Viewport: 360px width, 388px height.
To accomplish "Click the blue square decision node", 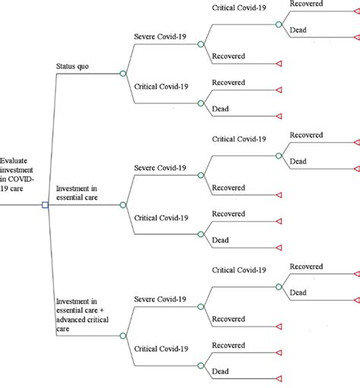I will (45, 205).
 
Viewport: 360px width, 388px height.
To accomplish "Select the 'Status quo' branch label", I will (74, 66).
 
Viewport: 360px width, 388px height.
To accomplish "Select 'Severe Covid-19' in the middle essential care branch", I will (162, 168).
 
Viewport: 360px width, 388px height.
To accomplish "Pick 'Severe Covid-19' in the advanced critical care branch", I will (162, 296).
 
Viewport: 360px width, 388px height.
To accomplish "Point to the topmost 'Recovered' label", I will (307, 5).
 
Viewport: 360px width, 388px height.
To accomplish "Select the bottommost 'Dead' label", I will (220, 371).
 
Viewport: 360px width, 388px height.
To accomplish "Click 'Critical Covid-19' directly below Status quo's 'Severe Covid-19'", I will (162, 87).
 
